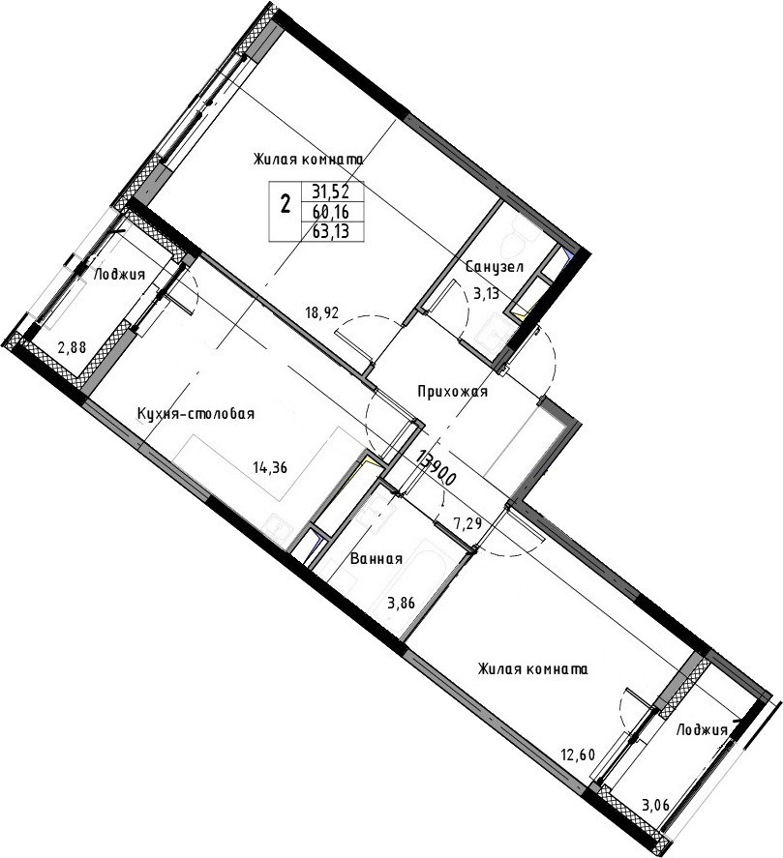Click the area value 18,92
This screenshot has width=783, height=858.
[x=322, y=313]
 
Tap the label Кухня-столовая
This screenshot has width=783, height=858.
[x=196, y=414]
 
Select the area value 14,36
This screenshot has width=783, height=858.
[x=270, y=467]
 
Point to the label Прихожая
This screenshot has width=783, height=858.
[x=452, y=392]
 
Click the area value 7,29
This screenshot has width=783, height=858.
[x=467, y=523]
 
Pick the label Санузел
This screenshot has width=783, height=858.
[x=495, y=267]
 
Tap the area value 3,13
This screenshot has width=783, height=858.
[x=486, y=293]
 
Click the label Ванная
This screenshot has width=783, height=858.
[x=376, y=559]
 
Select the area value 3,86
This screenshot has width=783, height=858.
[x=401, y=603]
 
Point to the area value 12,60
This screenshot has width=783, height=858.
[x=577, y=755]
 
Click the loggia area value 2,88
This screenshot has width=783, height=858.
[x=72, y=347]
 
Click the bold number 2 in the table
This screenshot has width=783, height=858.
[x=285, y=205]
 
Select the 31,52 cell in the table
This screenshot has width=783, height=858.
[x=330, y=192]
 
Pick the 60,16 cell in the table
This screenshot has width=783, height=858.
[x=330, y=211]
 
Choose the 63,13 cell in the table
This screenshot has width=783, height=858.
[x=330, y=231]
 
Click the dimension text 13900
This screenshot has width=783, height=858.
[x=437, y=468]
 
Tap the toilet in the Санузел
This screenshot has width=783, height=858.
[x=519, y=242]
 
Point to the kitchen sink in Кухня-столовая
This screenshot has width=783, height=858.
[x=280, y=528]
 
